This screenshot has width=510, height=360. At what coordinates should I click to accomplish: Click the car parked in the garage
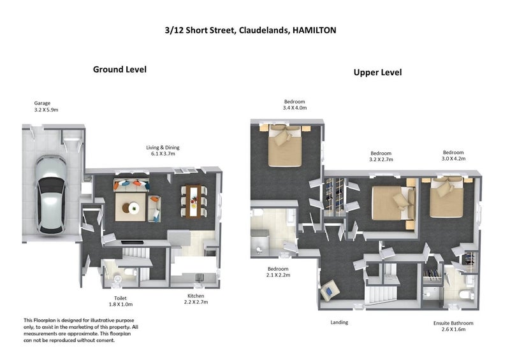pos(50,194)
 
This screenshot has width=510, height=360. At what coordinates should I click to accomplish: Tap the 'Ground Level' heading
pos(119,69)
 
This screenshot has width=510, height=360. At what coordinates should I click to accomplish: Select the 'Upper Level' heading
pos(377,73)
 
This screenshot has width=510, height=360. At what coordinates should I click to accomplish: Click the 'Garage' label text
pos(43,103)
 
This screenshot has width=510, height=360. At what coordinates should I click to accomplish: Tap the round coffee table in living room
pos(134,206)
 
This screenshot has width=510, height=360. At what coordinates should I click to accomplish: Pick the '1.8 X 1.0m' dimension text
pos(120,304)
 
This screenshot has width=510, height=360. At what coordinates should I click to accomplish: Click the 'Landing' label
pos(339,322)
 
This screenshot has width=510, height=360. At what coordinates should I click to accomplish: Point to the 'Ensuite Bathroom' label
pos(453,323)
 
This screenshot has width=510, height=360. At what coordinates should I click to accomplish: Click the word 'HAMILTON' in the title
pos(314,29)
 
